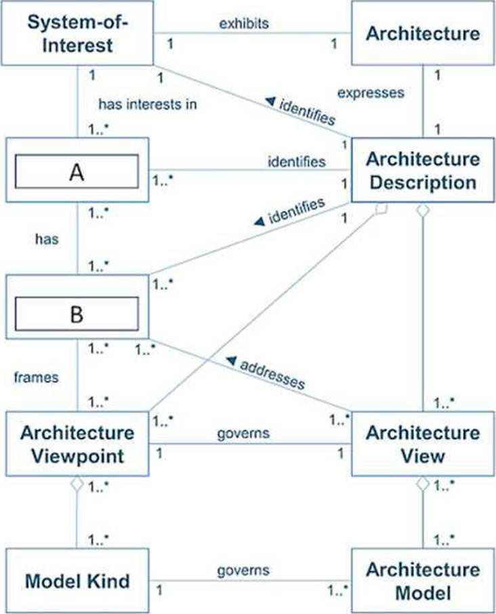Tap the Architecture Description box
(423, 170)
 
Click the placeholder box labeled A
(77, 170)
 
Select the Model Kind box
(77, 581)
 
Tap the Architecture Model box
(423, 581)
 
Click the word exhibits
(244, 24)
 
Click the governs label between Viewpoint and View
(243, 432)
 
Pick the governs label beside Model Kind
(243, 571)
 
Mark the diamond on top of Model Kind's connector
(78, 485)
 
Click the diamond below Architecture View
(423, 485)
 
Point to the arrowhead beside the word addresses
(231, 359)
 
